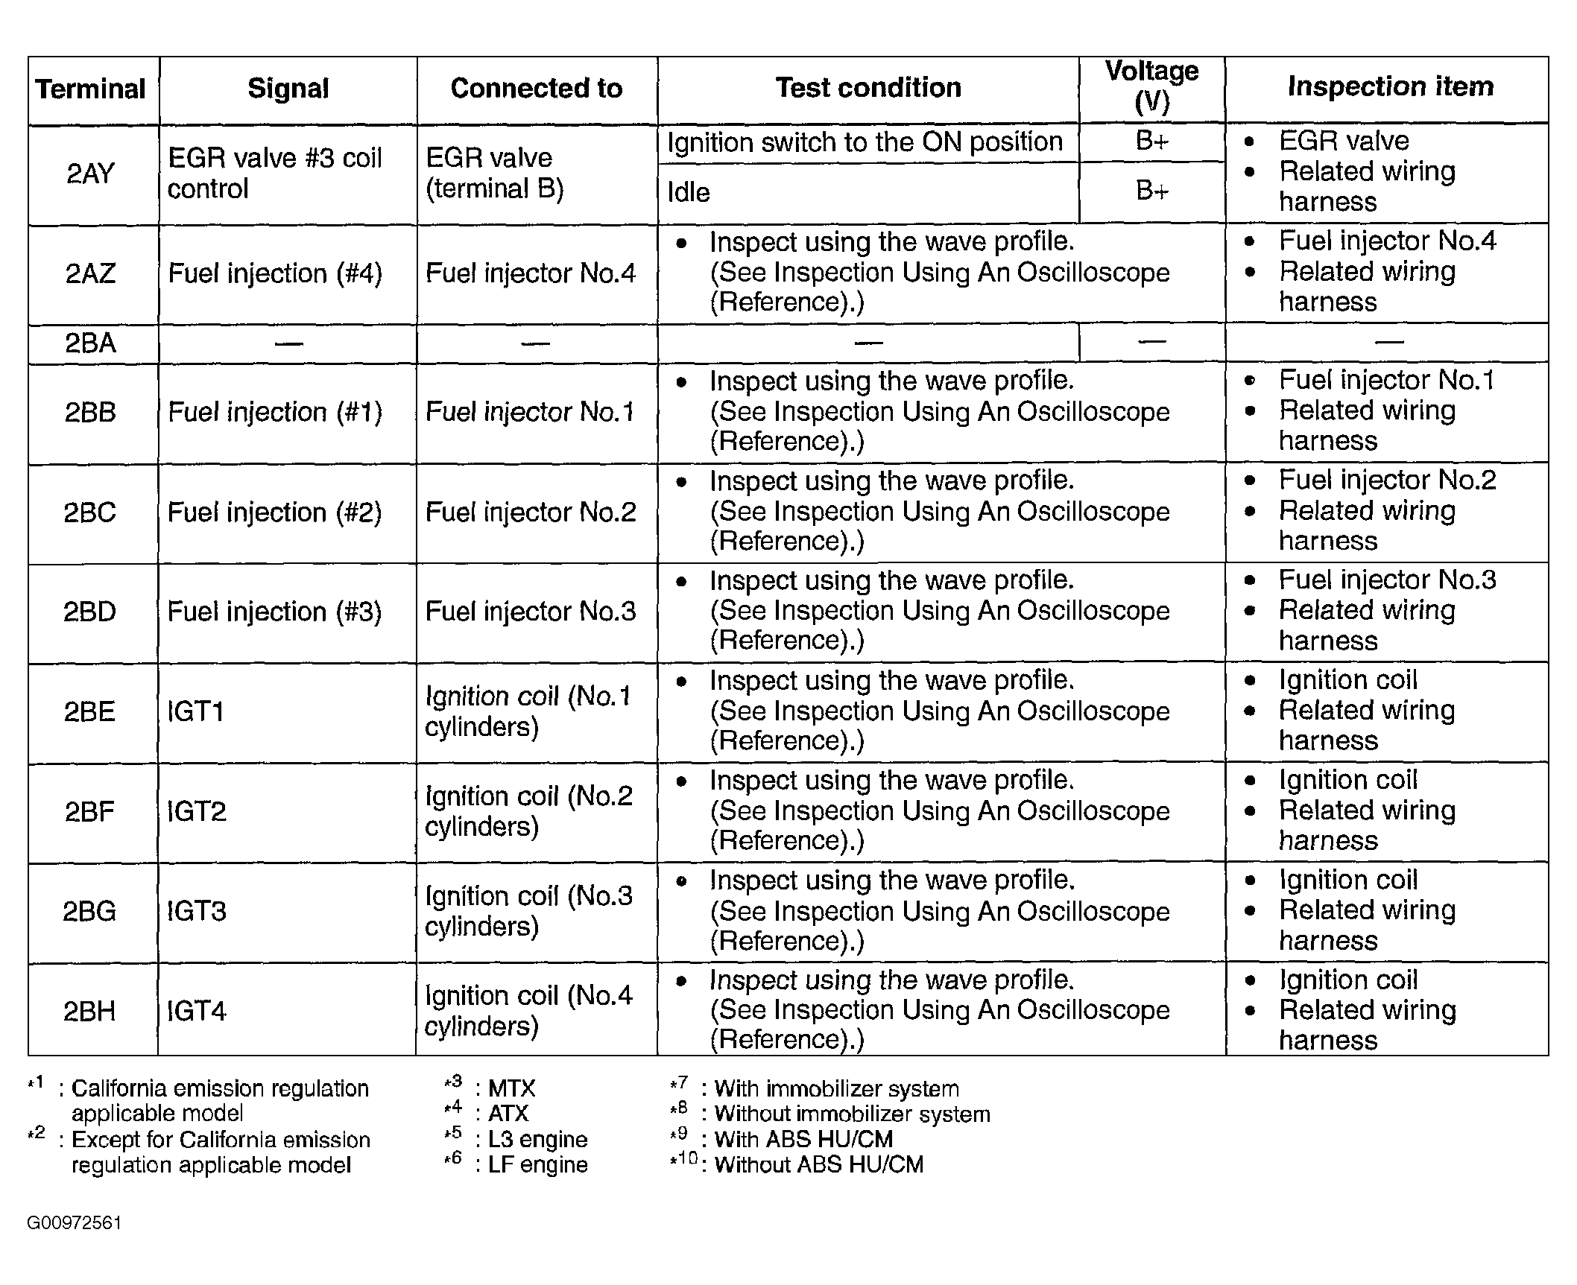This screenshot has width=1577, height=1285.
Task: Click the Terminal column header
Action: tap(91, 89)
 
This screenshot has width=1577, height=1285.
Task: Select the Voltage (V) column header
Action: tap(1151, 86)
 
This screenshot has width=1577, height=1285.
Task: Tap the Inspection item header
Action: tap(1390, 86)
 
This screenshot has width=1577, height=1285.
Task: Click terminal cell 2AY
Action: tap(90, 174)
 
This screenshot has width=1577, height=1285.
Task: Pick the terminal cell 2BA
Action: tap(90, 343)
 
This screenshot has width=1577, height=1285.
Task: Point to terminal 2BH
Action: tap(89, 1011)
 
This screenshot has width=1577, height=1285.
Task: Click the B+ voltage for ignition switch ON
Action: tap(1151, 142)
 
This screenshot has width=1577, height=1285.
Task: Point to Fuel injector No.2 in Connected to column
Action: tap(531, 513)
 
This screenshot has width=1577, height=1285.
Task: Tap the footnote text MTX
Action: tap(511, 1088)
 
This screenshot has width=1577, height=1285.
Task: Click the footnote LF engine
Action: tap(537, 1164)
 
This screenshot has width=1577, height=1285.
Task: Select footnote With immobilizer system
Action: tap(836, 1088)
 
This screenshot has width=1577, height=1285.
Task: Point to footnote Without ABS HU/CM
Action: tap(818, 1164)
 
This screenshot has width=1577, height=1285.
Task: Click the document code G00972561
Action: tap(74, 1223)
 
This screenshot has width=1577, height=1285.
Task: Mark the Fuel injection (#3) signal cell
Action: tap(274, 612)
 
